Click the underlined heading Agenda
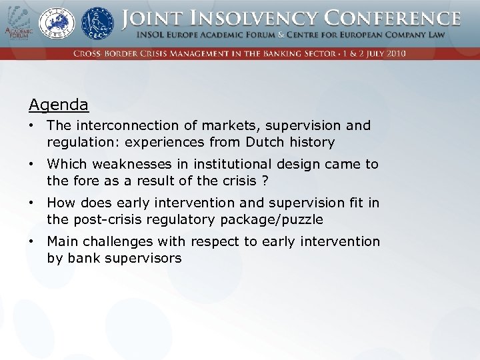click(x=59, y=105)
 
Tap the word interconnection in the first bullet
click(x=115, y=125)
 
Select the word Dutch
click(x=265, y=142)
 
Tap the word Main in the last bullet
click(x=62, y=241)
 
